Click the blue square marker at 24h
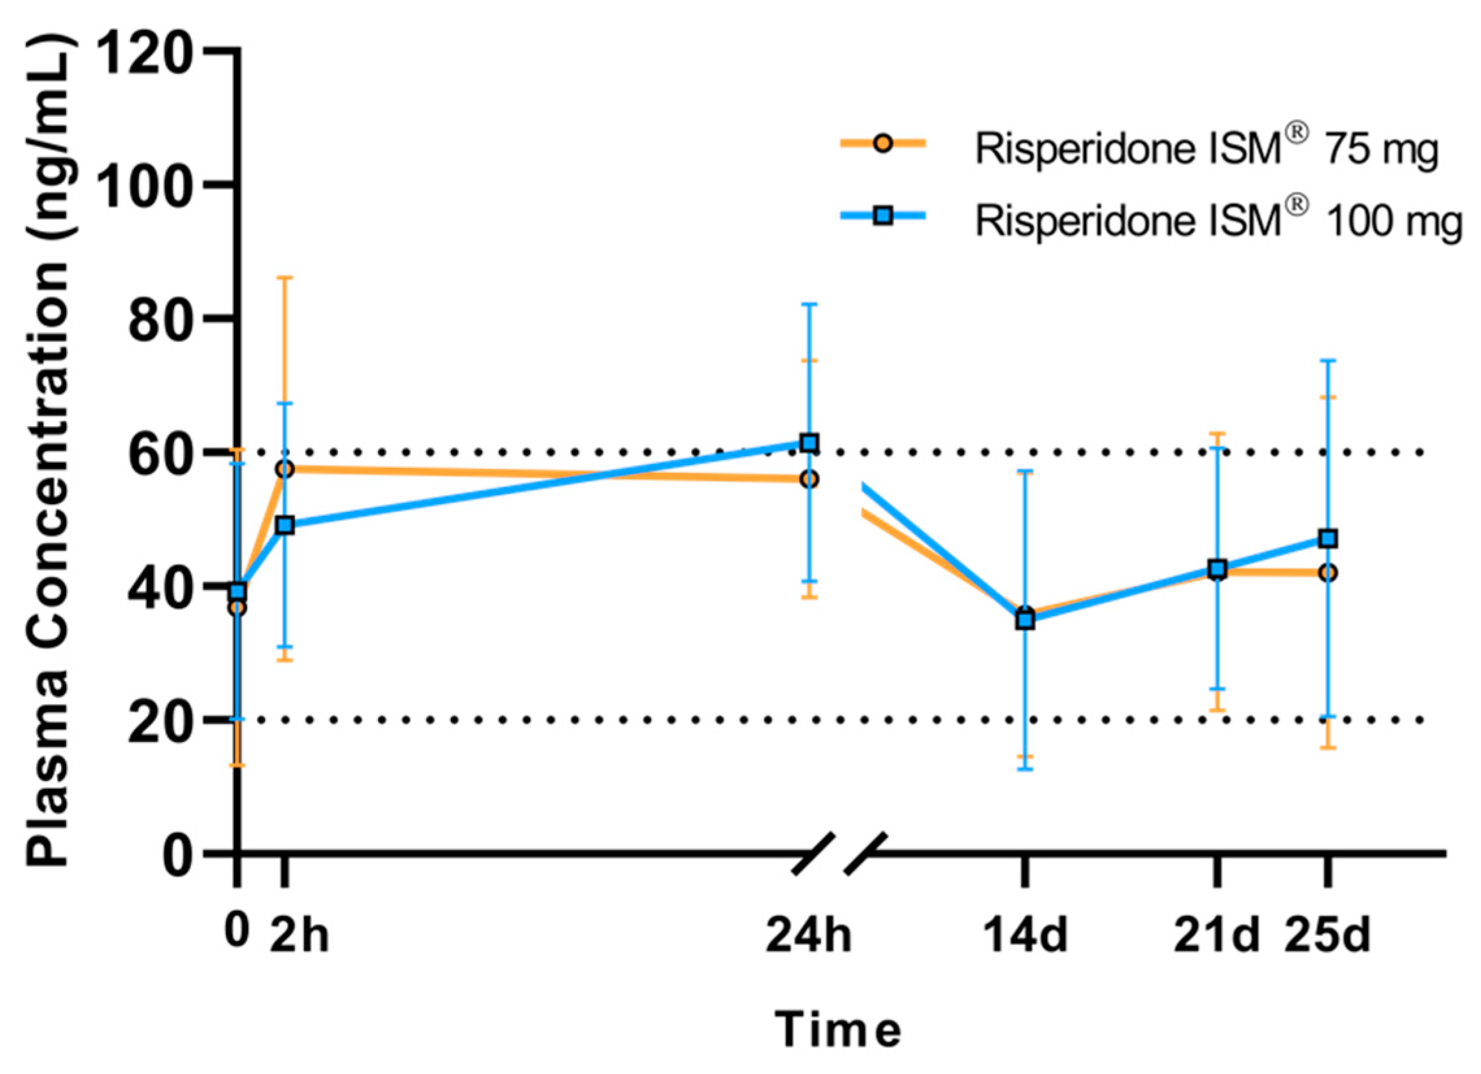[x=810, y=443]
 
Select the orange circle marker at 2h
[x=285, y=469]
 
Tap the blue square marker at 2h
[x=285, y=525]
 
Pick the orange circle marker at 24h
[x=810, y=479]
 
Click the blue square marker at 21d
[x=1217, y=569]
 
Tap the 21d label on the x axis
[x=1216, y=936]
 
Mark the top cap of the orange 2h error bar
[x=285, y=277]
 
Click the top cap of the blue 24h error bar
[x=810, y=305]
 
